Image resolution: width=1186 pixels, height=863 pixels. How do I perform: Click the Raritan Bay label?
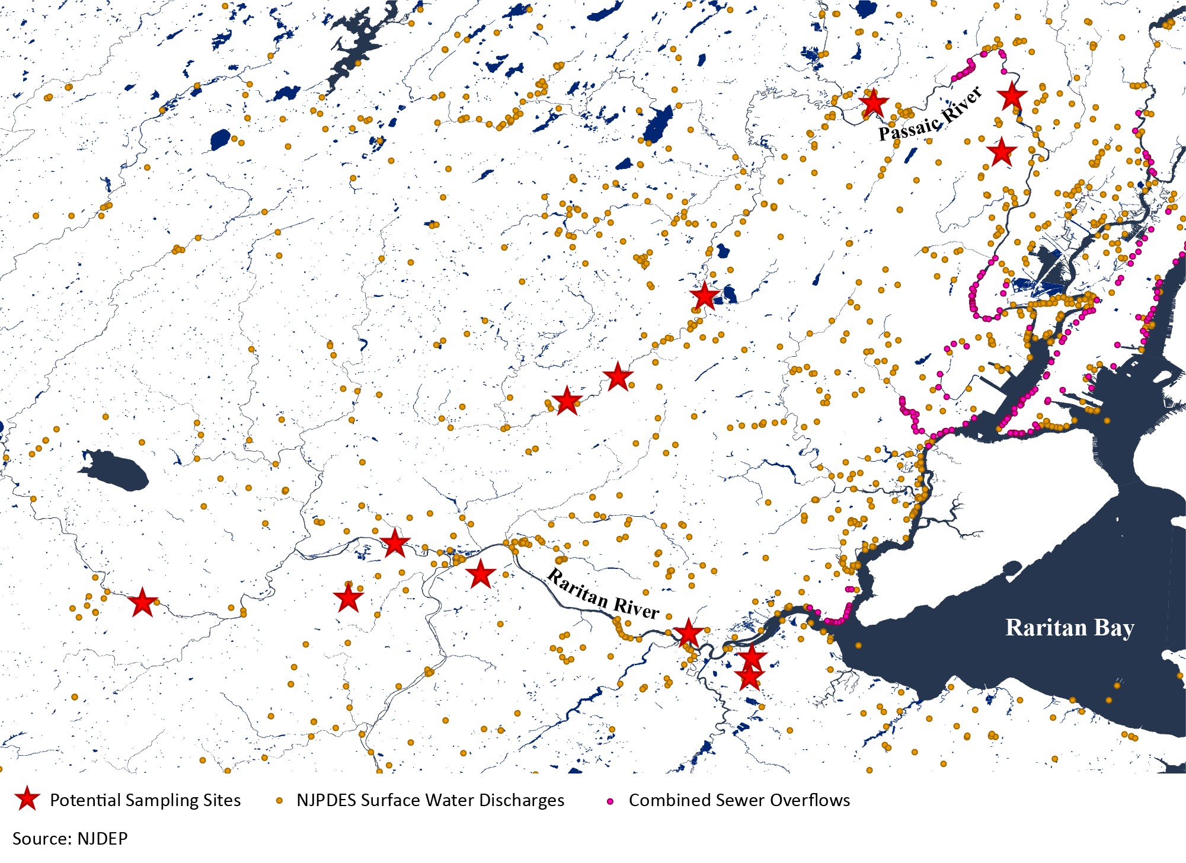[1069, 627]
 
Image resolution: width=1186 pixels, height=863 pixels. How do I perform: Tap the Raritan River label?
[602, 594]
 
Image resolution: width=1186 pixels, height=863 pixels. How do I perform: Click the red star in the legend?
[27, 800]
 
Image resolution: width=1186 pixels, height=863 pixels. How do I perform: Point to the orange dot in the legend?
[279, 801]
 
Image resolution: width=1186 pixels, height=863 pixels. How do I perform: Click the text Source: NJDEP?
[70, 838]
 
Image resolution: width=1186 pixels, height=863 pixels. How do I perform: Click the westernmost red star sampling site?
[143, 603]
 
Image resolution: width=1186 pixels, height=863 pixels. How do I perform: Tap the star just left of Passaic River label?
[873, 104]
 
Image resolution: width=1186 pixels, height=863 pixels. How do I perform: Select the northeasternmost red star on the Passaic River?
[1012, 95]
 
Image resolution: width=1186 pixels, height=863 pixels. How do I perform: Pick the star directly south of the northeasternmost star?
[1002, 152]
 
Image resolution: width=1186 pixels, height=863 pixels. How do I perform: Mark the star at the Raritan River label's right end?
[688, 633]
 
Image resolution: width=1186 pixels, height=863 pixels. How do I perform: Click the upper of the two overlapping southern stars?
[752, 657]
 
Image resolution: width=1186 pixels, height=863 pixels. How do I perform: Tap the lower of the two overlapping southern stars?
[749, 677]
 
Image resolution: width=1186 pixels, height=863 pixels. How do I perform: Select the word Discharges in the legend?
[521, 800]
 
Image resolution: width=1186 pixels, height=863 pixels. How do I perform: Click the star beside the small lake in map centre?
[705, 296]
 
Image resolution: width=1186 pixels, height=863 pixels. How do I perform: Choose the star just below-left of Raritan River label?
[480, 574]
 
